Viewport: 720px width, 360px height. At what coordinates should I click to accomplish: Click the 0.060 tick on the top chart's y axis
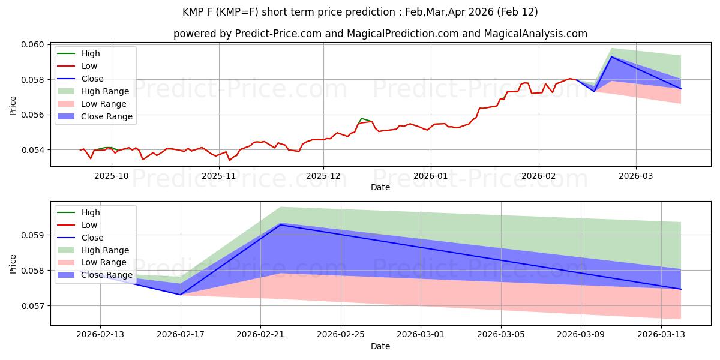[x=33, y=45]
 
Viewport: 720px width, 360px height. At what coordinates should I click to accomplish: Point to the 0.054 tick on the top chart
[x=33, y=150]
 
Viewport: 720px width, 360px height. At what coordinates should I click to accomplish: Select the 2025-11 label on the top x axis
[x=219, y=176]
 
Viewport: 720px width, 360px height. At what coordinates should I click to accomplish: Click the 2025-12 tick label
[x=323, y=176]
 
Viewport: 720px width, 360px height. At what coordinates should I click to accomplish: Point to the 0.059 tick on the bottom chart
[x=33, y=235]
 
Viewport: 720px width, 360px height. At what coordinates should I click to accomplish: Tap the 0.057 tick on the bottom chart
[x=33, y=306]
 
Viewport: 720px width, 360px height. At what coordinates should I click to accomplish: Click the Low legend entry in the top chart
[x=89, y=66]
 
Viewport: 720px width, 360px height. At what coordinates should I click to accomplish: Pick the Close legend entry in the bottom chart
[x=92, y=238]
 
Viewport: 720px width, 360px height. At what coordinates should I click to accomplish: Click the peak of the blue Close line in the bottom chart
[x=281, y=224]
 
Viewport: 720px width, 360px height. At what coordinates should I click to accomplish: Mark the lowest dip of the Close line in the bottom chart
[x=181, y=295]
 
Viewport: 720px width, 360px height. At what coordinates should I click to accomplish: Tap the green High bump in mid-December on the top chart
[x=361, y=118]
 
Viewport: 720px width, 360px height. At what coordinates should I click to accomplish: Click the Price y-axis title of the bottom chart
[x=13, y=263]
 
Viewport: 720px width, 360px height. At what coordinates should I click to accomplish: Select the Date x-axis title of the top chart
[x=380, y=187]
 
